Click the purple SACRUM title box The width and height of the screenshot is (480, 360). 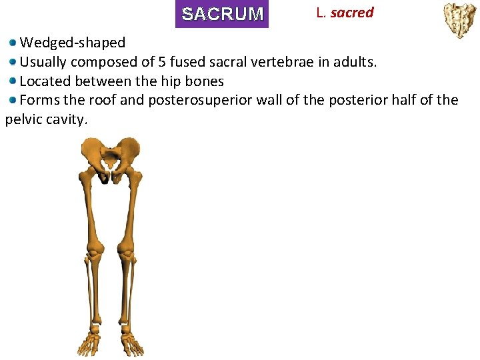pyautogui.click(x=222, y=14)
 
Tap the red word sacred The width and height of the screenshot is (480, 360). pyautogui.click(x=352, y=13)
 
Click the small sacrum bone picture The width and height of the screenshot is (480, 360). pyautogui.click(x=460, y=20)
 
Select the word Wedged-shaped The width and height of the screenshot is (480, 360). pyautogui.click(x=73, y=43)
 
